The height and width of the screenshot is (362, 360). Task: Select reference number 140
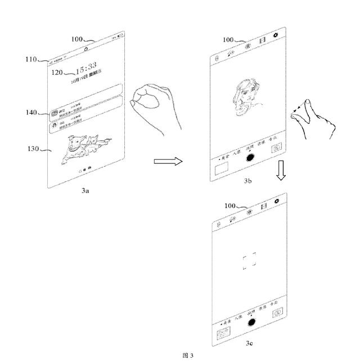click(31, 112)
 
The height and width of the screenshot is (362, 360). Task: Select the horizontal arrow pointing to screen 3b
click(168, 162)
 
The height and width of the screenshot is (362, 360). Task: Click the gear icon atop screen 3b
click(275, 35)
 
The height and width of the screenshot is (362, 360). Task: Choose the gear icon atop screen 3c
click(276, 200)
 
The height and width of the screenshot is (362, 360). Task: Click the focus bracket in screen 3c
click(250, 262)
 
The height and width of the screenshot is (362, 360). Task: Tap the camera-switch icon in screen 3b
click(276, 149)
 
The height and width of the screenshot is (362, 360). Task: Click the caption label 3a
click(85, 191)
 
